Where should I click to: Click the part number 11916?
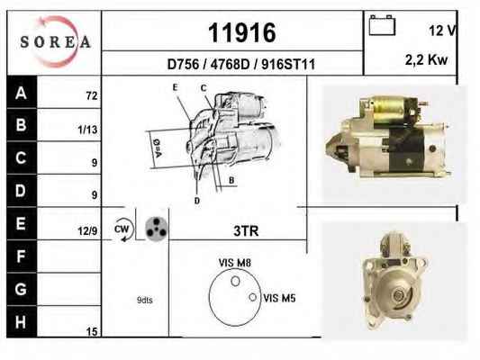coord(242,32)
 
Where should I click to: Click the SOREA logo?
coord(56,41)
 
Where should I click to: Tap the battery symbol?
coord(382,25)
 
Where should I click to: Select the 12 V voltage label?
coord(443,31)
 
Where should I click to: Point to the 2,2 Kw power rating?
coord(426,59)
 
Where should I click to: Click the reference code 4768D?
coord(230,65)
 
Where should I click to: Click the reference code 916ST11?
coord(288,65)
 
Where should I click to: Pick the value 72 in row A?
coord(92,96)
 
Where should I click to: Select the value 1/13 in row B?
coord(87,130)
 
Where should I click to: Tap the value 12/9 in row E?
coord(87,231)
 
